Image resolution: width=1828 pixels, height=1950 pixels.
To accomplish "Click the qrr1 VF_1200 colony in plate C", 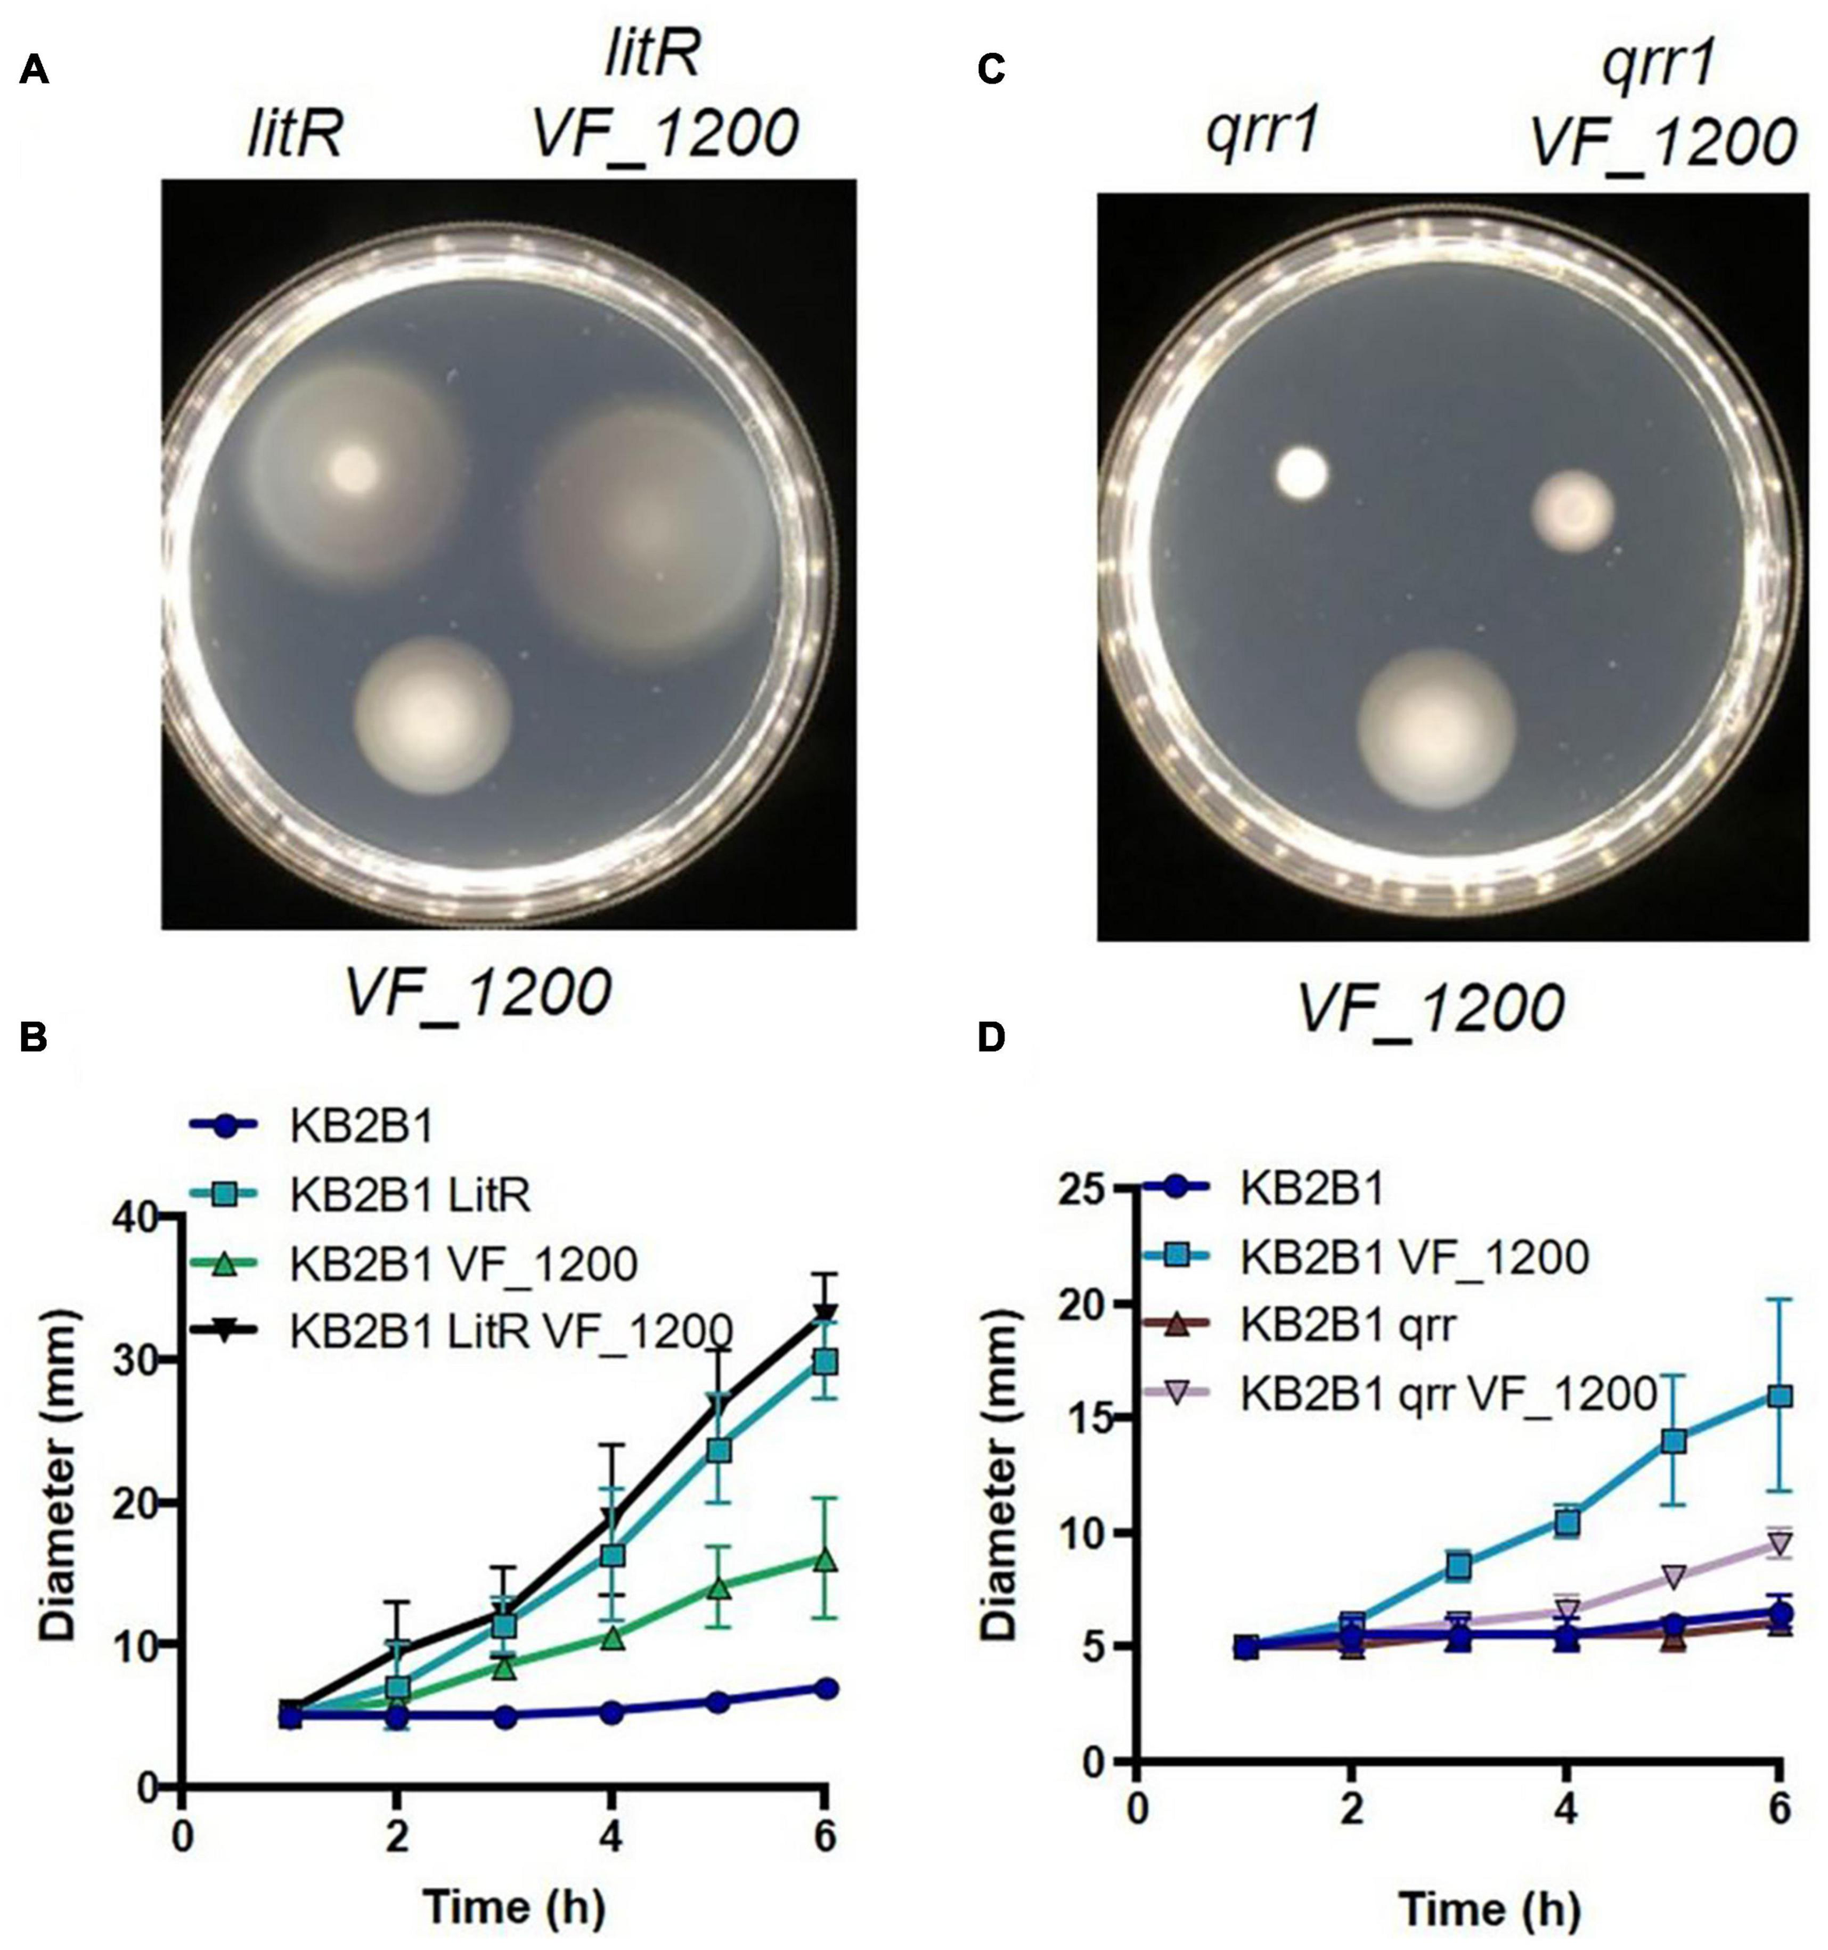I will [x=1573, y=510].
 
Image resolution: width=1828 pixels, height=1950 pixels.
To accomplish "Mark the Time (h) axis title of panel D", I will [x=1490, y=1909].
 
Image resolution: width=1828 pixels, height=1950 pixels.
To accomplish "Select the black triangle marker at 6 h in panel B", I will [x=826, y=1314].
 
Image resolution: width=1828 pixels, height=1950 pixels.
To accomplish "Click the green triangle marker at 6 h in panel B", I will [x=826, y=1561].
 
